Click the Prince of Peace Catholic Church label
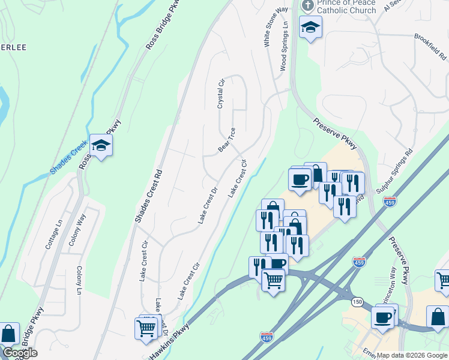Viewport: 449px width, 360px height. click(346, 7)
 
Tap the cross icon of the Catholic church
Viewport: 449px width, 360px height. click(308, 6)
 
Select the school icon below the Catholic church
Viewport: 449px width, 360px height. click(310, 27)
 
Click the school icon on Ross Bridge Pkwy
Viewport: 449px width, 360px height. click(101, 145)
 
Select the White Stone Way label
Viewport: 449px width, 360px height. click(268, 28)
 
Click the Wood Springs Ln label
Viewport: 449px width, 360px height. click(285, 47)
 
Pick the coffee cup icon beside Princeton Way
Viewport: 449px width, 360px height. click(382, 317)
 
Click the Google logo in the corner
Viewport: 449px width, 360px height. click(19, 353)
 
